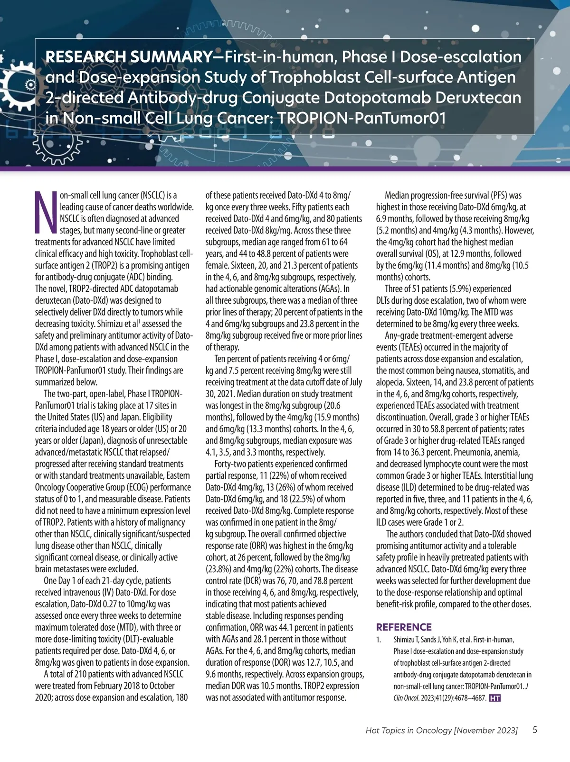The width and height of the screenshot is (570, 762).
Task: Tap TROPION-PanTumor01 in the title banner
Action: (361, 118)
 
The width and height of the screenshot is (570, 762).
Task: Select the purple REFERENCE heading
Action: (404, 627)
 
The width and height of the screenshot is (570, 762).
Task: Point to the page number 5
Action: (535, 730)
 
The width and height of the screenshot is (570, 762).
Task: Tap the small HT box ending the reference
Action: (494, 698)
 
